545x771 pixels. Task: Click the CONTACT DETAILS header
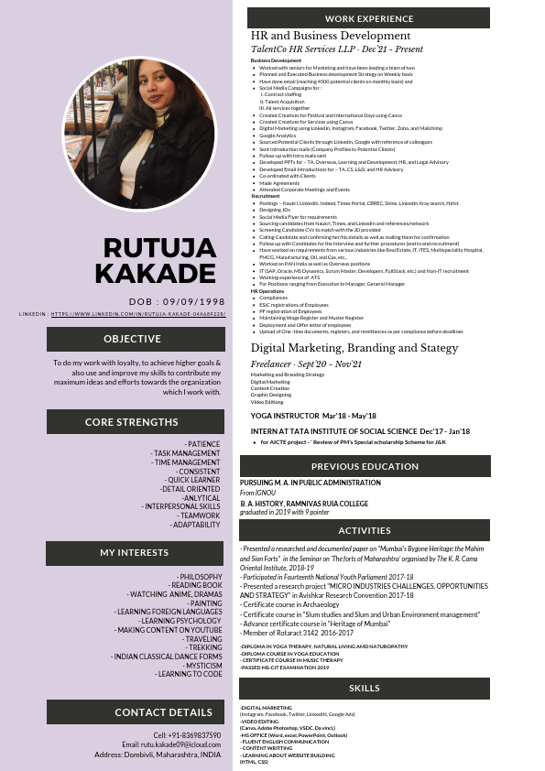pyautogui.click(x=163, y=711)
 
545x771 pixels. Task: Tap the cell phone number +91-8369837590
pyautogui.click(x=188, y=735)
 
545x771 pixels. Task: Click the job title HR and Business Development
pyautogui.click(x=331, y=35)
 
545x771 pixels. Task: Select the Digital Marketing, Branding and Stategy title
pyautogui.click(x=355, y=348)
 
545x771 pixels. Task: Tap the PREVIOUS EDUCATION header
pyautogui.click(x=365, y=466)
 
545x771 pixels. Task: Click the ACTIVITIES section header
pyautogui.click(x=365, y=530)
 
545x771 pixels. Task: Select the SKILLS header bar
pyautogui.click(x=365, y=688)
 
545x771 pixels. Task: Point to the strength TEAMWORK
pyautogui.click(x=200, y=516)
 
